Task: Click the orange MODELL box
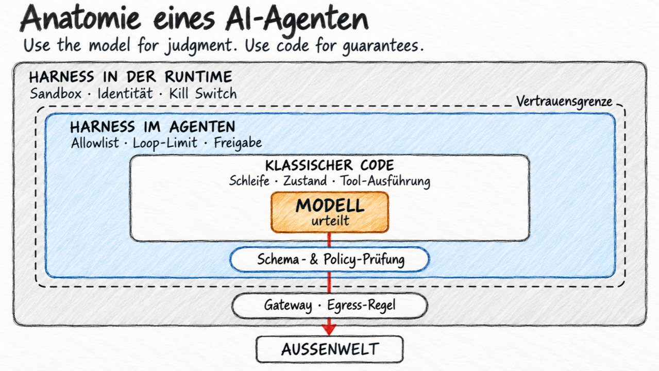click(x=330, y=212)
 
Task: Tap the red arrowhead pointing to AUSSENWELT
click(x=329, y=330)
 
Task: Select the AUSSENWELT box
click(x=330, y=349)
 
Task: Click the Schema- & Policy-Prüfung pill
click(x=330, y=259)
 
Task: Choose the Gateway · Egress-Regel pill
click(x=330, y=306)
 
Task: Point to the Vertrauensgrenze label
click(x=564, y=102)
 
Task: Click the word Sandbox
click(x=56, y=94)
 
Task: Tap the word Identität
click(x=125, y=94)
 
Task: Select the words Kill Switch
click(x=202, y=94)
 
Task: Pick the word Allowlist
click(x=95, y=143)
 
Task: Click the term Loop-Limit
click(x=165, y=143)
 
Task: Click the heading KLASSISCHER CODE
click(x=330, y=165)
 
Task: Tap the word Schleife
click(x=249, y=181)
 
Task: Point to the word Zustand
click(x=305, y=181)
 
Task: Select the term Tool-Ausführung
click(x=385, y=181)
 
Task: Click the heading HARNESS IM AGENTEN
click(x=153, y=127)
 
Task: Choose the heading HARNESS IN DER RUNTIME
click(x=131, y=77)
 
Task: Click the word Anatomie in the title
click(x=80, y=18)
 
